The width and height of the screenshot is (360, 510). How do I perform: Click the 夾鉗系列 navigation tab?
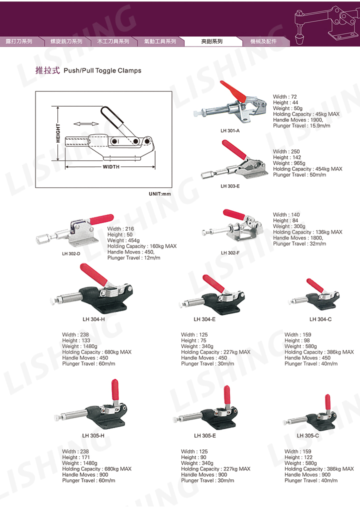click(x=211, y=41)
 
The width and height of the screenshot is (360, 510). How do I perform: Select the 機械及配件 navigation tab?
click(x=263, y=41)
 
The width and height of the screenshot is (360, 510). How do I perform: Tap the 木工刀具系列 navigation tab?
click(x=113, y=41)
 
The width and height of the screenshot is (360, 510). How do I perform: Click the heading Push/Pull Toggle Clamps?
click(x=102, y=70)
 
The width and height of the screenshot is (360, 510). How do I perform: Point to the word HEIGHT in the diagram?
click(x=58, y=133)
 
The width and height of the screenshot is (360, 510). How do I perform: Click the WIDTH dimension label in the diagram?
click(x=111, y=167)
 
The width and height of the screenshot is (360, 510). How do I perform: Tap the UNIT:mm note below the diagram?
click(x=159, y=194)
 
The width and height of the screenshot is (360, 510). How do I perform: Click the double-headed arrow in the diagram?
click(x=86, y=123)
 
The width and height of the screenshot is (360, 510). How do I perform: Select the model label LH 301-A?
click(x=230, y=131)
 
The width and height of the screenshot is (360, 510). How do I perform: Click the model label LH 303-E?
click(x=230, y=186)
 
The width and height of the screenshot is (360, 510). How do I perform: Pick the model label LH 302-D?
click(x=71, y=253)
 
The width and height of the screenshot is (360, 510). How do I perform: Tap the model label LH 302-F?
click(x=230, y=252)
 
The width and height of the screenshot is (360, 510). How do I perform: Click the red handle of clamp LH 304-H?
click(x=93, y=274)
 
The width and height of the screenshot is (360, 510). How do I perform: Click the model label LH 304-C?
click(x=320, y=319)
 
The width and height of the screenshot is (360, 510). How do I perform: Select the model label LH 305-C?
click(x=307, y=435)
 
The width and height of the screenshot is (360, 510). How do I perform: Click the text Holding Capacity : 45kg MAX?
click(x=306, y=114)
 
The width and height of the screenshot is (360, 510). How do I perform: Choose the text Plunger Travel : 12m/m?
click(x=133, y=258)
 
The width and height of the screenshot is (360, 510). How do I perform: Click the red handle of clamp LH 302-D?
click(x=101, y=219)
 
